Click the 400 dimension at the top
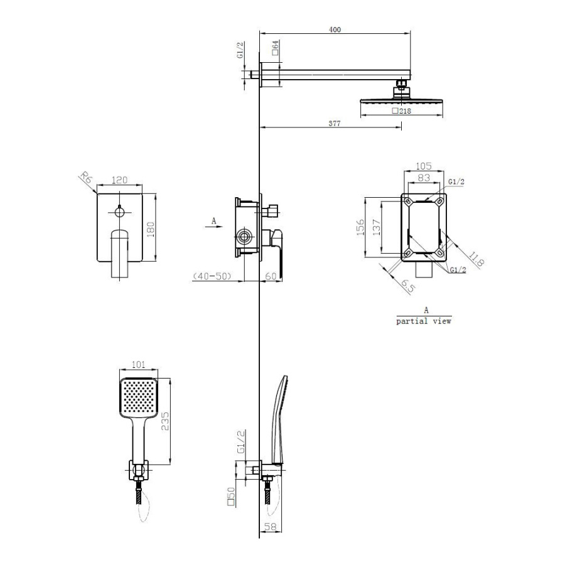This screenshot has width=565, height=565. pyautogui.click(x=335, y=30)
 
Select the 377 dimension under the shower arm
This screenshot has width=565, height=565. pyautogui.click(x=335, y=123)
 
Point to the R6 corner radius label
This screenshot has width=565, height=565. pyautogui.click(x=86, y=178)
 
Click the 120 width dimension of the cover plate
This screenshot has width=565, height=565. pyautogui.click(x=120, y=180)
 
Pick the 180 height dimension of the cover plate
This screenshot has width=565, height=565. pyautogui.click(x=150, y=229)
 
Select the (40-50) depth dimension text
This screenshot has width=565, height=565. pyautogui.click(x=212, y=276)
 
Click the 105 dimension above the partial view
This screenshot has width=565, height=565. pyautogui.click(x=423, y=166)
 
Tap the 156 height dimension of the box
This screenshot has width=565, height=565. pyautogui.click(x=360, y=227)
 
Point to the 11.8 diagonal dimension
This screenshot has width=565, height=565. pyautogui.click(x=475, y=259)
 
